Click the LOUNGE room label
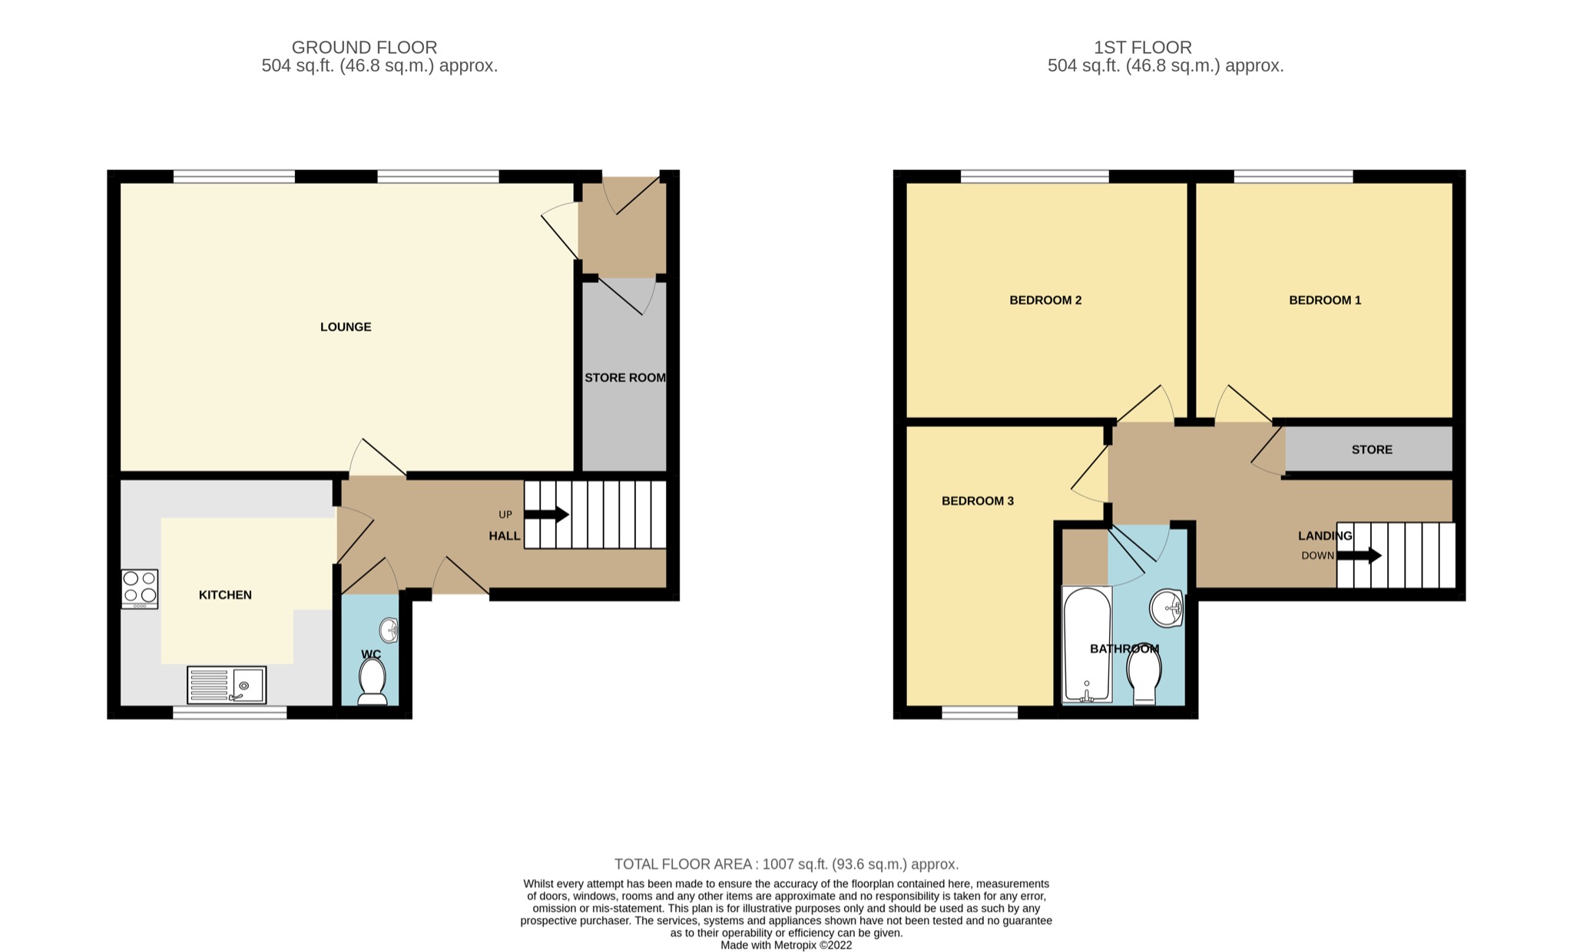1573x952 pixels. pos(346,327)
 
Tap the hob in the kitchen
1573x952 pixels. pos(140,589)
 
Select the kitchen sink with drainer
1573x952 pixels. pos(227,685)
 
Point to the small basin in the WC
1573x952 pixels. pos(389,631)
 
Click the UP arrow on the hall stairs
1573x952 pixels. pos(546,515)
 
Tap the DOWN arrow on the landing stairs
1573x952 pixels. pos(1359,556)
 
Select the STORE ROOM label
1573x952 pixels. pos(624,378)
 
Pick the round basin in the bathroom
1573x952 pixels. pos(1167,609)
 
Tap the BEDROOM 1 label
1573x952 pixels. pos(1325,300)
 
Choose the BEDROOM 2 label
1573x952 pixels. pos(1045,300)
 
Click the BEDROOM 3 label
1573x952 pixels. pos(978,501)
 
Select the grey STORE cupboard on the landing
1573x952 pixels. pos(1370,449)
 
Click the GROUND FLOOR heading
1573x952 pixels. pos(364,48)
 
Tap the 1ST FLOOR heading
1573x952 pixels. pos(1143,48)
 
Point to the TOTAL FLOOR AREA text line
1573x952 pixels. pos(786,864)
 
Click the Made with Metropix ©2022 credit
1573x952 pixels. pos(786,945)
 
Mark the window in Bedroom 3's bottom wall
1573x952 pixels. pos(979,713)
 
